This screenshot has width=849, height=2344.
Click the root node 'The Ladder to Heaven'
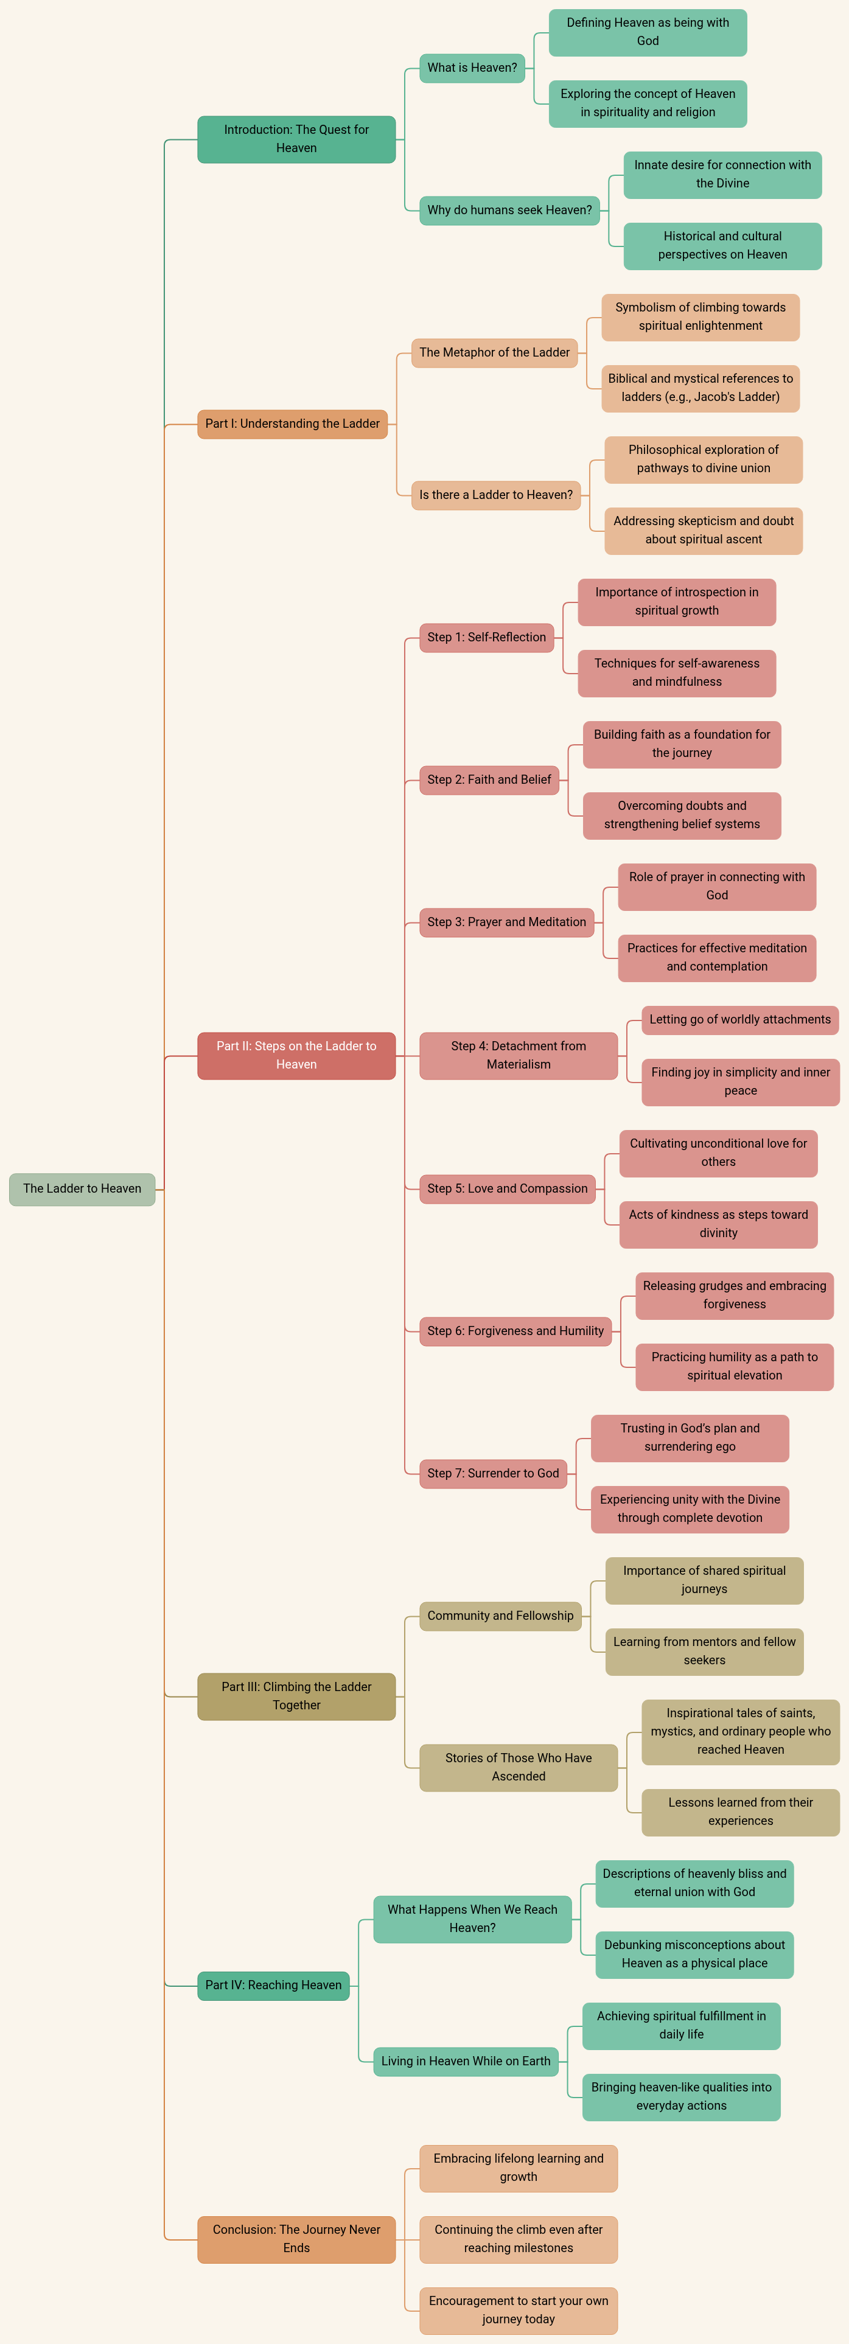pyautogui.click(x=82, y=1188)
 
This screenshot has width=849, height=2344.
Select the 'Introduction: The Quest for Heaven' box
pyautogui.click(x=296, y=139)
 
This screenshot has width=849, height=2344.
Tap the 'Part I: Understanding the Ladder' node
pyautogui.click(x=292, y=424)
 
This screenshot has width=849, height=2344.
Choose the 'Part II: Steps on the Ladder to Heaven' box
pyautogui.click(x=296, y=1056)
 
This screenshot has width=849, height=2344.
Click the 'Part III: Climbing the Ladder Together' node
pyautogui.click(x=296, y=1696)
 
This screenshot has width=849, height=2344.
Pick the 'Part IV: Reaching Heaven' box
pyautogui.click(x=274, y=1986)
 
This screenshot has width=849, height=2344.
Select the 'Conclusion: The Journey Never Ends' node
pyautogui.click(x=296, y=2239)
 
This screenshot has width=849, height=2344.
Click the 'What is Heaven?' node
pyautogui.click(x=472, y=68)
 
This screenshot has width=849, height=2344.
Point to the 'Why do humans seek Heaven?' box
pyautogui.click(x=509, y=210)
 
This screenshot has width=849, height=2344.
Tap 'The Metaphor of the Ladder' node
pyautogui.click(x=495, y=353)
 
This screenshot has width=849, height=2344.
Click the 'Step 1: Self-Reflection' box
pyautogui.click(x=487, y=638)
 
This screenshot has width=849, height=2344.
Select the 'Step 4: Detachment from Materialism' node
pyautogui.click(x=519, y=1056)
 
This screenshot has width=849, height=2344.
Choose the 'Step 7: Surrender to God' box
pyautogui.click(x=493, y=1474)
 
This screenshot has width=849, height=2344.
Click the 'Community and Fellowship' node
pyautogui.click(x=500, y=1616)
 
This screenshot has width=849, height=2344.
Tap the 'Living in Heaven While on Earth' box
pyautogui.click(x=466, y=2062)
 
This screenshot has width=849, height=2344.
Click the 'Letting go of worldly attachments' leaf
pyautogui.click(x=741, y=1020)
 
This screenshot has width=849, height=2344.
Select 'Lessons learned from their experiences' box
pyautogui.click(x=741, y=1812)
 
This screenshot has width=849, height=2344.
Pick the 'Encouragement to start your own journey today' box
pyautogui.click(x=519, y=2311)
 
